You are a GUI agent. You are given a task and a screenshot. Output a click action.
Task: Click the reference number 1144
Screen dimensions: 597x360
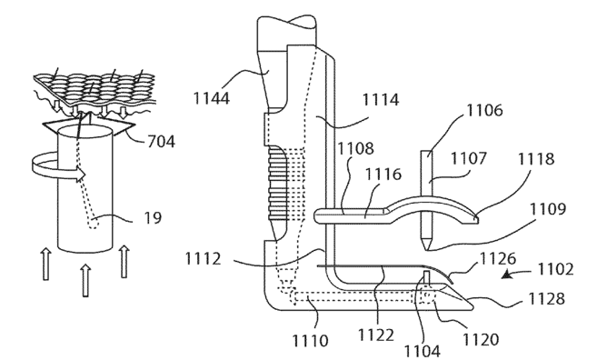[212, 98]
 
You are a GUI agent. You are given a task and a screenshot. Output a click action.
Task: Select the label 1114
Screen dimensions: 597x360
[381, 100]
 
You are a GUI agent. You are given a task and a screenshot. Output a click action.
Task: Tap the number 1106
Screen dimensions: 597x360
[484, 110]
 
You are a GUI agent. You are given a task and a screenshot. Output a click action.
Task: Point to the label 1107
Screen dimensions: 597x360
[469, 158]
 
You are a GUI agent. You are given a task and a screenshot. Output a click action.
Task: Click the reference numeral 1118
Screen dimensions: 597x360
[536, 158]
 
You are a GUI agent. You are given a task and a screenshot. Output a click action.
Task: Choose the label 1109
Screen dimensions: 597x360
[548, 209]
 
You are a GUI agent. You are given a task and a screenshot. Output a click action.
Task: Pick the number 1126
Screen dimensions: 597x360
[498, 259]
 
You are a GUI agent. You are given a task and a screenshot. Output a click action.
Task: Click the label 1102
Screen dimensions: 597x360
[555, 269]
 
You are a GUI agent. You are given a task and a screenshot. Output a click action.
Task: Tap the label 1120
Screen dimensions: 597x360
[481, 339]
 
